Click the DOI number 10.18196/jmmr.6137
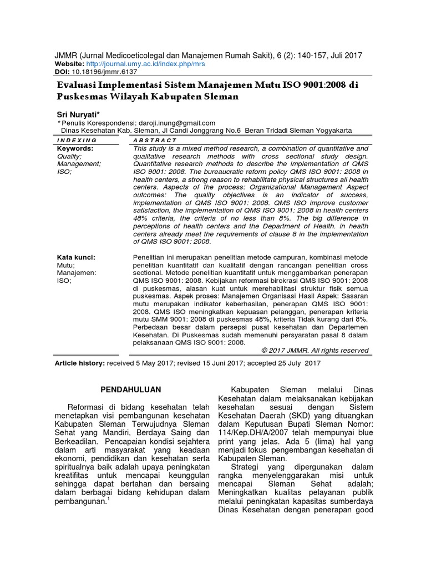tap(102, 72)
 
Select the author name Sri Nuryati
tap(81, 113)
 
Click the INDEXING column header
tap(77, 141)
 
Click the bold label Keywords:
tap(75, 148)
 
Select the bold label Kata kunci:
tap(77, 257)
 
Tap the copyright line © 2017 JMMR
tap(315, 350)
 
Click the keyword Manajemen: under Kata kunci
tap(77, 273)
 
